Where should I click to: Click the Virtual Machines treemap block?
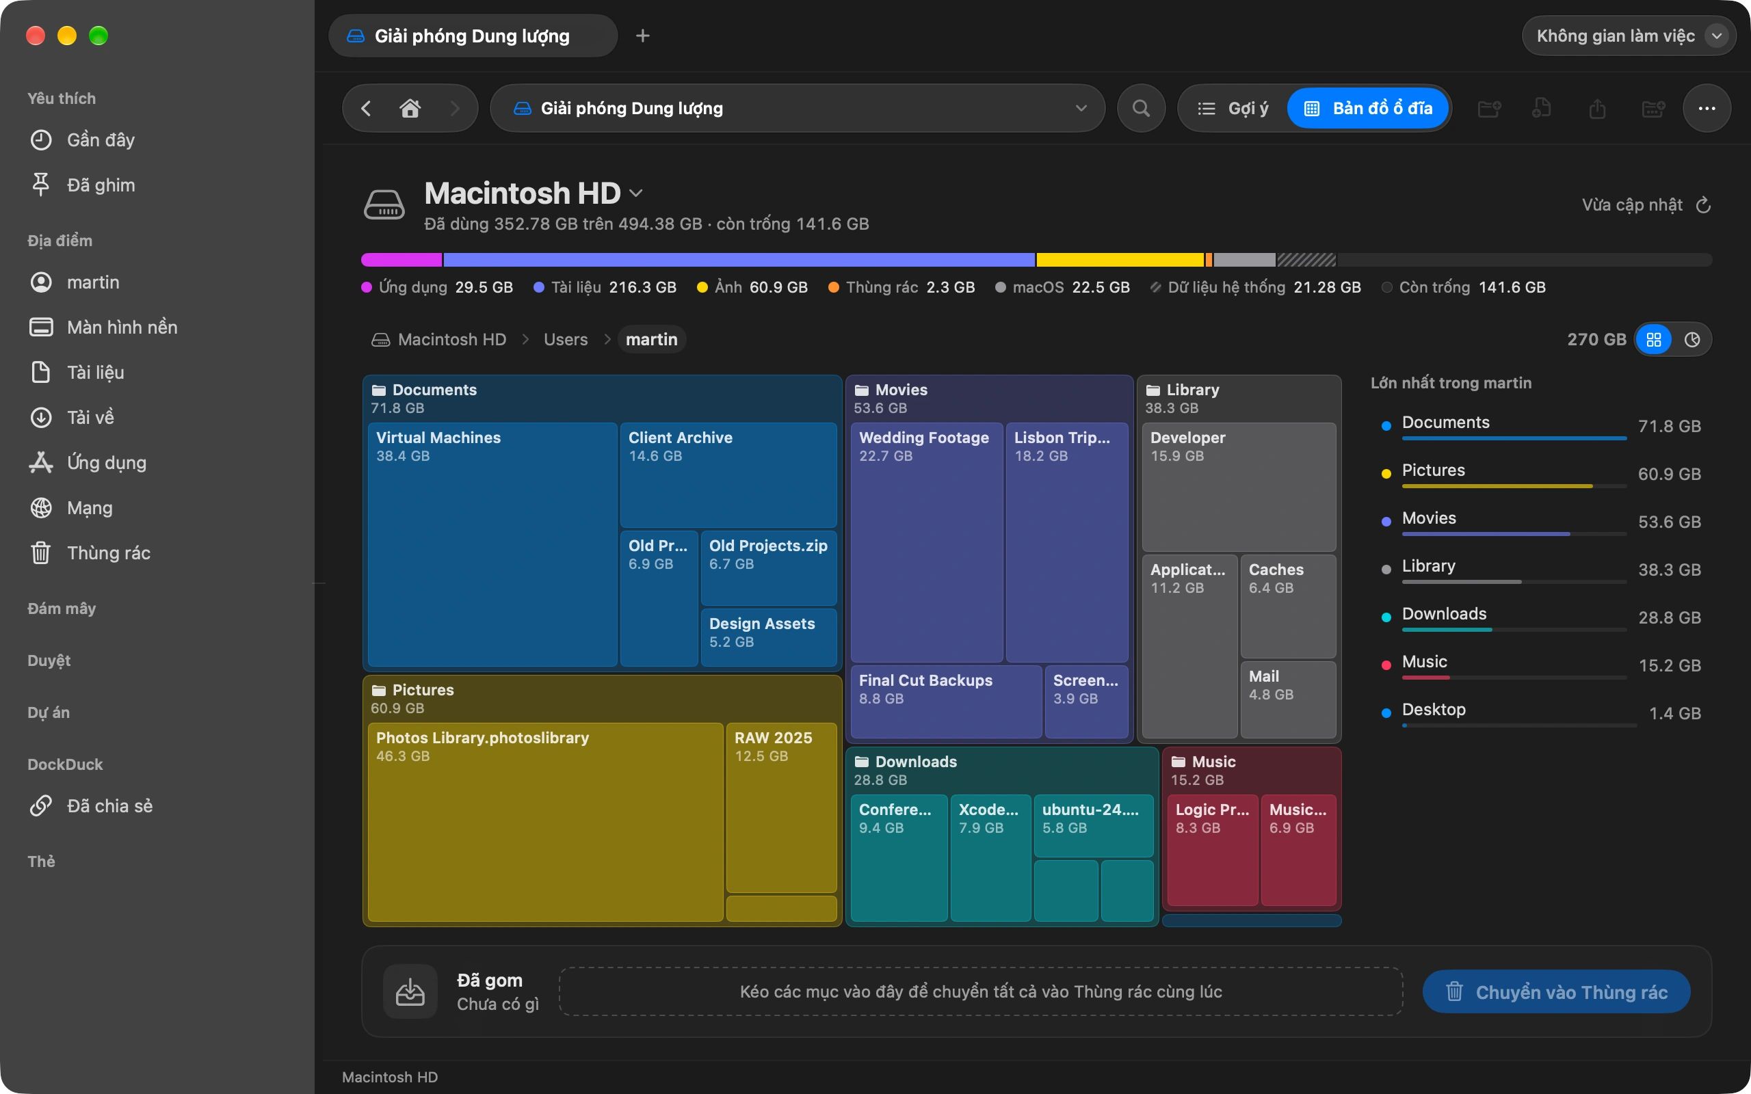tap(492, 544)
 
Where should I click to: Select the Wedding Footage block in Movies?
tap(926, 542)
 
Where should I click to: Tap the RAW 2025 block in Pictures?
tap(781, 808)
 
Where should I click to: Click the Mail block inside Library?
tap(1288, 699)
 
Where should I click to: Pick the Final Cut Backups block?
tap(947, 701)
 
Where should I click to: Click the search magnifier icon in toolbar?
tap(1141, 109)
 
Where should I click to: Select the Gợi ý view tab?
tap(1233, 109)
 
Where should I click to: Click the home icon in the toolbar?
tap(410, 109)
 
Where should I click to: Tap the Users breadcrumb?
tap(566, 339)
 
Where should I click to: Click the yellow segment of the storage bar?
tap(1120, 260)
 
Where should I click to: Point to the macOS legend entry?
tap(1062, 287)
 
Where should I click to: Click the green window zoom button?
tap(98, 36)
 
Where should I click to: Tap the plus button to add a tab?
tap(642, 36)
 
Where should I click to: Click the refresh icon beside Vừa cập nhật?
tap(1704, 206)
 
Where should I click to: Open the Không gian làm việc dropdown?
tap(1629, 36)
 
